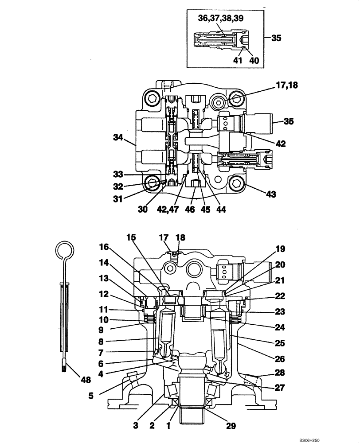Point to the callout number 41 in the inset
click(238, 60)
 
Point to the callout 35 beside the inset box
click(276, 38)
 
